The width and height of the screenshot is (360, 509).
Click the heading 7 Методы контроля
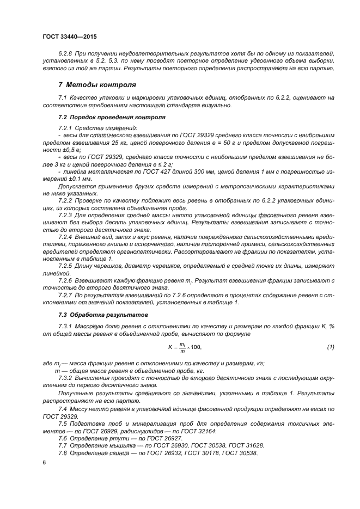point(97,85)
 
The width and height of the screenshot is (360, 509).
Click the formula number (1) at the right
point(331,347)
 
